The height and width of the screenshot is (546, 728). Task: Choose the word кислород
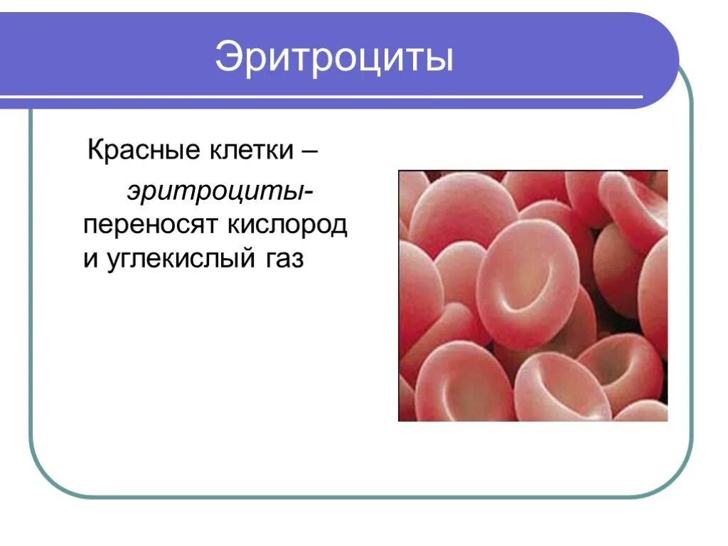tap(287, 225)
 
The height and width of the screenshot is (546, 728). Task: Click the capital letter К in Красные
tap(94, 151)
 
